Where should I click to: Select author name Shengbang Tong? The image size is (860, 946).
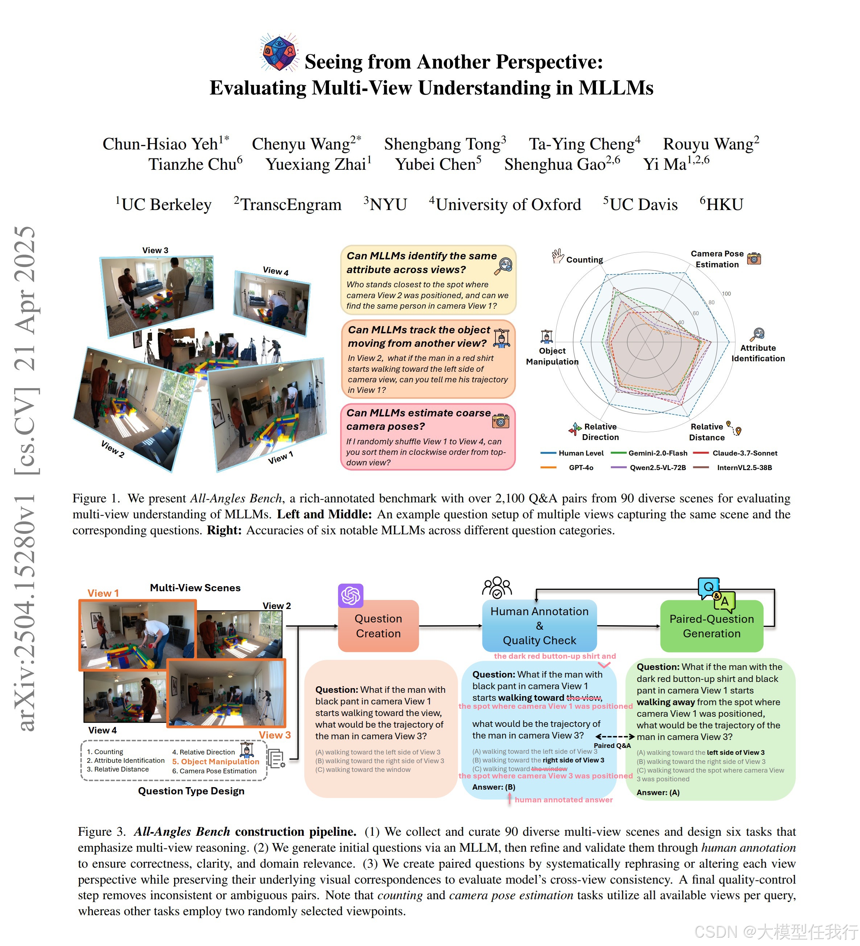point(444,144)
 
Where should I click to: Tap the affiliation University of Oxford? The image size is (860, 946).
point(505,205)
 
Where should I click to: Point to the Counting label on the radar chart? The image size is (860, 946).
point(584,259)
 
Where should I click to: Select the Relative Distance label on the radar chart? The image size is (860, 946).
point(707,432)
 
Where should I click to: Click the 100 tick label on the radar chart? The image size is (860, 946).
point(726,294)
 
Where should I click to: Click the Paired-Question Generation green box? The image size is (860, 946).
point(711,626)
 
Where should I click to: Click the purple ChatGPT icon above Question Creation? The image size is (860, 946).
point(350,596)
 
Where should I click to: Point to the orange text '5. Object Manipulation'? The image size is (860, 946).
point(215,762)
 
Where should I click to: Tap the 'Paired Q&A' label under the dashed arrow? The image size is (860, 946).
point(612,746)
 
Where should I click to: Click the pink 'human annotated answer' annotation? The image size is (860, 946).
point(564,799)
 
